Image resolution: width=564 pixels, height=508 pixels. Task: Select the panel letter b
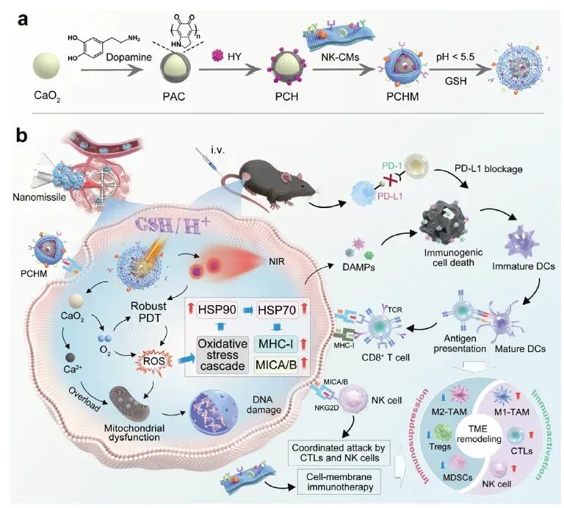[x=21, y=137]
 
